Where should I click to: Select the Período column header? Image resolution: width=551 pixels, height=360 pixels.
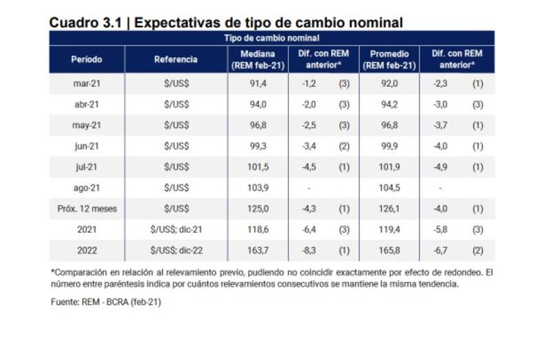[86, 59]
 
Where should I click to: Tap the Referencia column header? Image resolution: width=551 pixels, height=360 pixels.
[176, 59]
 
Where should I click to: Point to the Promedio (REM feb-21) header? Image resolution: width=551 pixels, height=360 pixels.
[389, 59]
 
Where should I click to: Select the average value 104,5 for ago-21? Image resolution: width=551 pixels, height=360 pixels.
[389, 188]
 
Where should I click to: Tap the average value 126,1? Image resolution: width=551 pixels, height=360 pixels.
[389, 209]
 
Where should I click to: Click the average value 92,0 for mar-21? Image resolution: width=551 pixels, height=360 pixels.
[389, 84]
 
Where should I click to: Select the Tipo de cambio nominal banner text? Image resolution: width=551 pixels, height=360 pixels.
[271, 38]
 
